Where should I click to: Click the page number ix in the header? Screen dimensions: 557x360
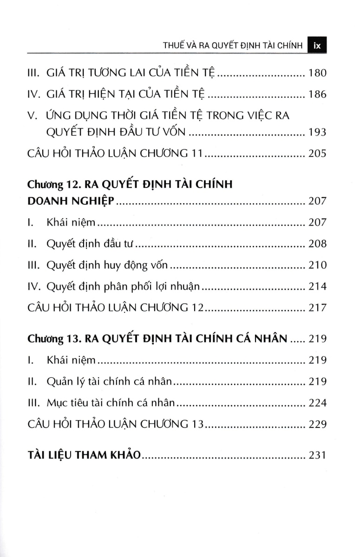tap(318, 46)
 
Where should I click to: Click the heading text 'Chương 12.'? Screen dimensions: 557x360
tap(53, 184)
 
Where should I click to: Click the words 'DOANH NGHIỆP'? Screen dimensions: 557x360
tap(71, 201)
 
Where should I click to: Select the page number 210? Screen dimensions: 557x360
tap(317, 265)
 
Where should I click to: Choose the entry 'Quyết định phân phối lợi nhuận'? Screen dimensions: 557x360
tap(123, 286)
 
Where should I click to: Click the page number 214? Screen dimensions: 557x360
tap(317, 286)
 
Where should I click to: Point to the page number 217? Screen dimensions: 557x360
tap(317, 307)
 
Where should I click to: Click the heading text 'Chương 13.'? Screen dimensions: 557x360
tap(53, 339)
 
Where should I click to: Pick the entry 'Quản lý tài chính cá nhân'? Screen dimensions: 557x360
tap(110, 382)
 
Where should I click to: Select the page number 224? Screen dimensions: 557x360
tap(317, 403)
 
